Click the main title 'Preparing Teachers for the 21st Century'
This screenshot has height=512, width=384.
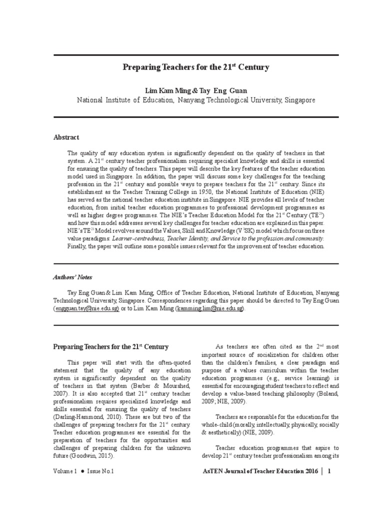(196, 66)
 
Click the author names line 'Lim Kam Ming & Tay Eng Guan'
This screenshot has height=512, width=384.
(196, 90)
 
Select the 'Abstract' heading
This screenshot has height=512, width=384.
(66, 137)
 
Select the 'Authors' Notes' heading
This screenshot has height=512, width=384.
(73, 277)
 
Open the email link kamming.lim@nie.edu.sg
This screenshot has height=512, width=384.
(209, 309)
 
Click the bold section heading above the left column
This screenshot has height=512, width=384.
(110, 346)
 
